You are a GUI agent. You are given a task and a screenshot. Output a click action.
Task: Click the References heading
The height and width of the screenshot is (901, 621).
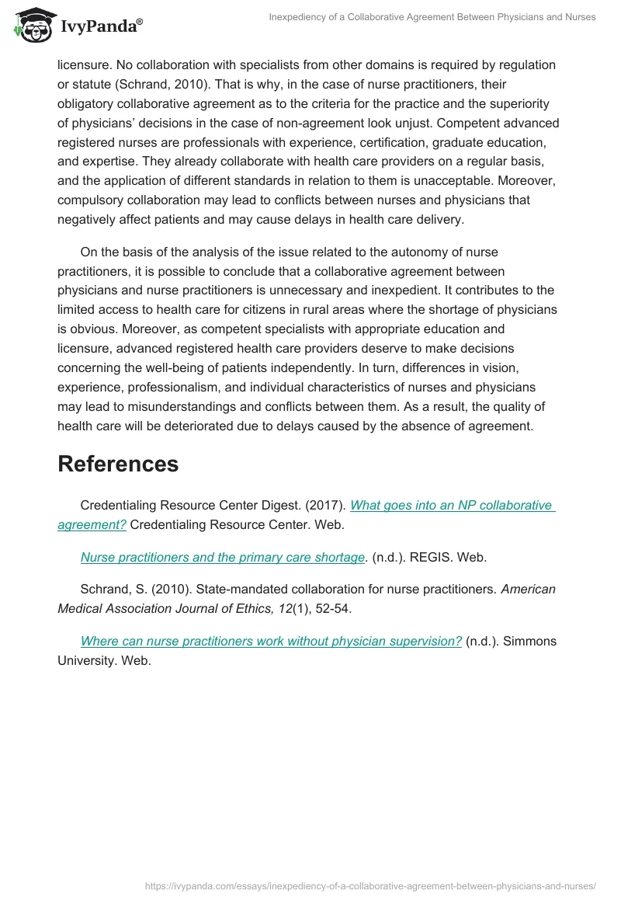(x=118, y=464)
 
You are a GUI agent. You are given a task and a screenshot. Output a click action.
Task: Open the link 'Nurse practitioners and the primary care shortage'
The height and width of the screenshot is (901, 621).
(x=223, y=557)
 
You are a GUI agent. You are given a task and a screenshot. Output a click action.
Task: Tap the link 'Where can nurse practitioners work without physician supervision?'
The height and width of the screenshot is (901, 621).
(x=271, y=641)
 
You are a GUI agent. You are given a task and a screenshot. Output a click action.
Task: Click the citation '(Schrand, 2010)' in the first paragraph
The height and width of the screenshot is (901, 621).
(x=165, y=84)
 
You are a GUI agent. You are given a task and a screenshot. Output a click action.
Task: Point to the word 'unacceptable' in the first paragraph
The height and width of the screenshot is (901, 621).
(x=449, y=181)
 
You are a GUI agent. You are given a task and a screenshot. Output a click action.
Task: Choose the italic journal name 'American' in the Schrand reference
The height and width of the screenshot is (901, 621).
(x=528, y=589)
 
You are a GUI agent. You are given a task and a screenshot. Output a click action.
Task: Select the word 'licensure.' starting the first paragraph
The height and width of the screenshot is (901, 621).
(x=85, y=64)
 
